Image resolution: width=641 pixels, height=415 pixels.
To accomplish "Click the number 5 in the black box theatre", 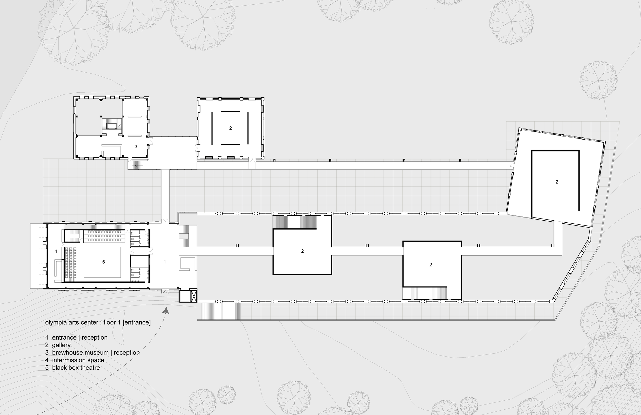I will pyautogui.click(x=103, y=262).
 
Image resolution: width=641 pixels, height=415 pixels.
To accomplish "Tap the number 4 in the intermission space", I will pyautogui.click(x=56, y=251).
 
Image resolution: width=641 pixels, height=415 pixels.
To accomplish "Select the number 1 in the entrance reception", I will pyautogui.click(x=165, y=262).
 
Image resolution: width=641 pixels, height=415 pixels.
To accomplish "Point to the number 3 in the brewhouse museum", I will pyautogui.click(x=136, y=147).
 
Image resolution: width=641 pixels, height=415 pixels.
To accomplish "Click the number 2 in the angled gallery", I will pyautogui.click(x=557, y=182).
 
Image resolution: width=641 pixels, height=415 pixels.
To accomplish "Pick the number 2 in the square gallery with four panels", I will pyautogui.click(x=231, y=128).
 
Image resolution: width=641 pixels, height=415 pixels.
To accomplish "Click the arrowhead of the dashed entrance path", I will pyautogui.click(x=166, y=311).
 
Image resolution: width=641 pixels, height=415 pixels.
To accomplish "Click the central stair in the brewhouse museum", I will pyautogui.click(x=112, y=126).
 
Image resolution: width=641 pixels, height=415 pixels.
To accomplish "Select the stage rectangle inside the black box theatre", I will pyautogui.click(x=102, y=262).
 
